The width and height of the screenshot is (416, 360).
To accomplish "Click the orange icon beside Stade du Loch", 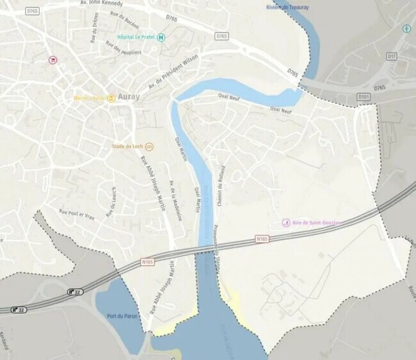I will tap(149, 146).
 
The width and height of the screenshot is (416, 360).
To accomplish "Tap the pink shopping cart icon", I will tap(53, 60).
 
